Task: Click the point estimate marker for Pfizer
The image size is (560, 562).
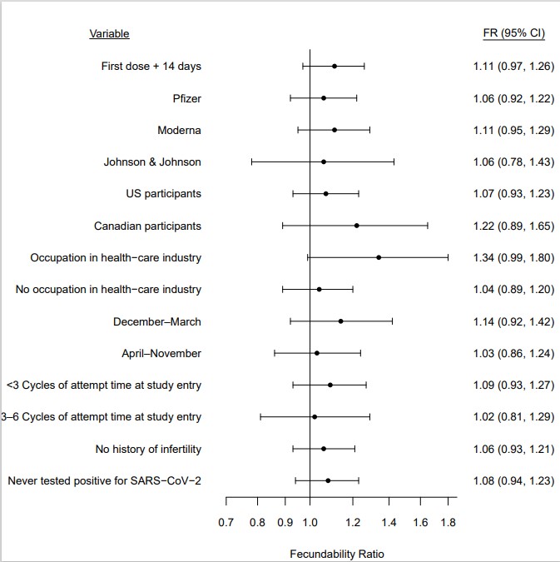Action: tap(324, 98)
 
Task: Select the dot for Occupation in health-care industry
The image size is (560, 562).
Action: tap(379, 257)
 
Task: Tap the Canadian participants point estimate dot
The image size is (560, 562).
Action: tap(356, 226)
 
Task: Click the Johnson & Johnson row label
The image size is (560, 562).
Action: tap(152, 162)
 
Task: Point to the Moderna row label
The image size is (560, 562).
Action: tap(179, 131)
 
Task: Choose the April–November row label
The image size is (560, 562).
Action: tap(161, 353)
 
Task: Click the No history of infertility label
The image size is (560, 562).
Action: tap(148, 450)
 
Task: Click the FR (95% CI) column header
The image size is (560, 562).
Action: tap(514, 34)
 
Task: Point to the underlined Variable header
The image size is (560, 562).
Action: tap(109, 34)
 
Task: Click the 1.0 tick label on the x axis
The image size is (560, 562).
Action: tap(310, 523)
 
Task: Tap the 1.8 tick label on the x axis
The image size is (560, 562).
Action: tap(448, 523)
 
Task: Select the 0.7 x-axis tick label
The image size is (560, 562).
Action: tap(226, 523)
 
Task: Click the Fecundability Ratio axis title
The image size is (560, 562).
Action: tap(337, 554)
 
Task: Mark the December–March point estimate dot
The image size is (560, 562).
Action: tap(340, 321)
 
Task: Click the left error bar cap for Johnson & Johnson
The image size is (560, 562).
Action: tap(251, 162)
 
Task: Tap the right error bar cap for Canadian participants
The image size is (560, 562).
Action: tap(428, 226)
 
